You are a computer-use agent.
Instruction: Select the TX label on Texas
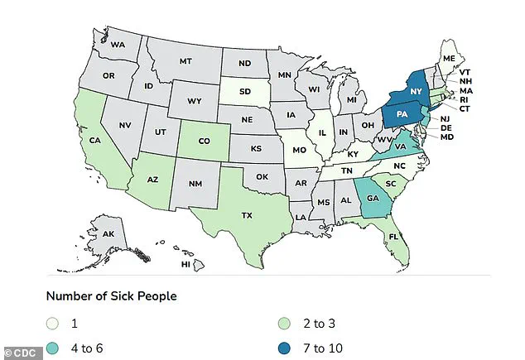tap(246, 214)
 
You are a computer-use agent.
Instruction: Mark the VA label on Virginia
tap(399, 146)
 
